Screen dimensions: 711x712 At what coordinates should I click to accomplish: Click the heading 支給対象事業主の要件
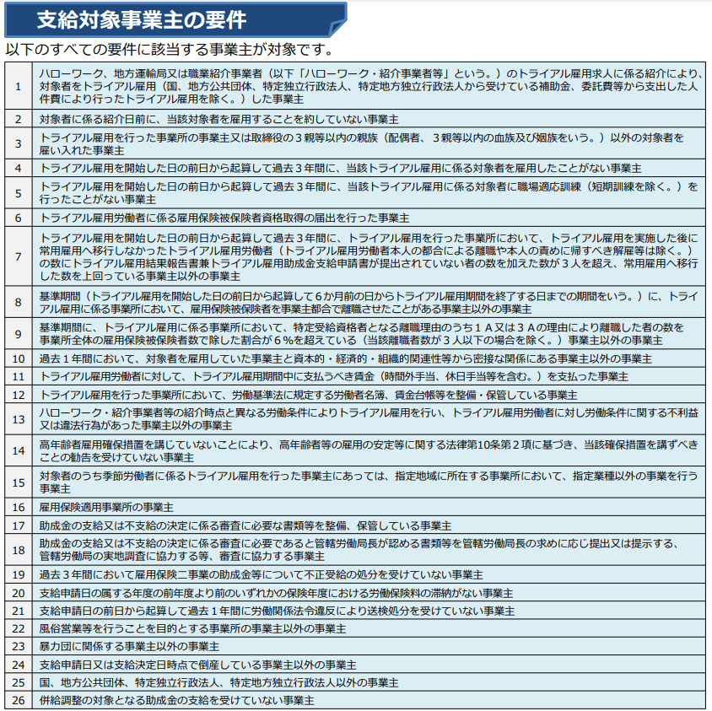point(142,19)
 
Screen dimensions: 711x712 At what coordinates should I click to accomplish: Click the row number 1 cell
point(18,86)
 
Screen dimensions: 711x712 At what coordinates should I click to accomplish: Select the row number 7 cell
point(18,256)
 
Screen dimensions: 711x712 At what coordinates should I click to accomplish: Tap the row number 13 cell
point(18,418)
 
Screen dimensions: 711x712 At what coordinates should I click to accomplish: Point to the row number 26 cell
point(18,700)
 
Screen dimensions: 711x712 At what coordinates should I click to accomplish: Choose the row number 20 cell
point(18,592)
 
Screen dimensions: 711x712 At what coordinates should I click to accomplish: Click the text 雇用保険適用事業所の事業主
point(106,507)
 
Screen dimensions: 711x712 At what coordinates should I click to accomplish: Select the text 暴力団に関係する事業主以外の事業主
point(129,646)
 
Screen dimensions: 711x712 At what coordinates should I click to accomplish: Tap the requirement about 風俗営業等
point(192,628)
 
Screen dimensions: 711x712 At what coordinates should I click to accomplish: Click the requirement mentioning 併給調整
point(177,700)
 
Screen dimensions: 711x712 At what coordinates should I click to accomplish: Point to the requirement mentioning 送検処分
point(277,610)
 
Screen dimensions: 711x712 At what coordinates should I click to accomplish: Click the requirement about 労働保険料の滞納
point(276,592)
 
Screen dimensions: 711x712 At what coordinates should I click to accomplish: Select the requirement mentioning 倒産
point(197,664)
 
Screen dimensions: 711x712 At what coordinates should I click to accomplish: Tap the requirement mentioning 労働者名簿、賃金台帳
point(308,394)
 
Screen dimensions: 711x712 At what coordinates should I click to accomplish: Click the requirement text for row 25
point(218,681)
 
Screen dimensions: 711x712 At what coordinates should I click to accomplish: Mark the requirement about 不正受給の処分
point(261,574)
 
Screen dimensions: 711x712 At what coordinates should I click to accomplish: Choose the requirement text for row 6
point(224,218)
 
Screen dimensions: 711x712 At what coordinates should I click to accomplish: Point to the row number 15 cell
point(18,482)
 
